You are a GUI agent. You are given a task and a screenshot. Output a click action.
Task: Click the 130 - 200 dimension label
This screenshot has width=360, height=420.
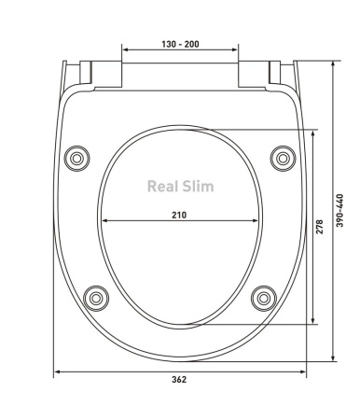click(180, 44)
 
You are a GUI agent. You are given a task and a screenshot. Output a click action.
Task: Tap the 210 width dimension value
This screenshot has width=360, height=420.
click(179, 215)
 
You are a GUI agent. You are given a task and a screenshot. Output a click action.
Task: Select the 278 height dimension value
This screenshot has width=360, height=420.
click(320, 227)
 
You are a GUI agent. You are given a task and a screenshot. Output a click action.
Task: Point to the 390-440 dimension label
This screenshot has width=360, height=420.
click(340, 211)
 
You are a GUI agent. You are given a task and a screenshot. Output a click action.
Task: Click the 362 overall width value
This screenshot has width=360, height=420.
click(179, 380)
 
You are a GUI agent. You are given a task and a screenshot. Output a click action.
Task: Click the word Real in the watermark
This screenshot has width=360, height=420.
click(163, 187)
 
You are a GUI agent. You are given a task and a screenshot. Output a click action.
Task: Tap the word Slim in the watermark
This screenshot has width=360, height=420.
click(198, 187)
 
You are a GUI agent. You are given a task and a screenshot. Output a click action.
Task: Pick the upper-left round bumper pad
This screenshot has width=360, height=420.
click(76, 159)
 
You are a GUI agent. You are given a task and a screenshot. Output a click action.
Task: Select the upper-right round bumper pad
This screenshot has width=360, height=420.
click(283, 159)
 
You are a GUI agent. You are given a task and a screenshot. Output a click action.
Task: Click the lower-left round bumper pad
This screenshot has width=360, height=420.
click(96, 299)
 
